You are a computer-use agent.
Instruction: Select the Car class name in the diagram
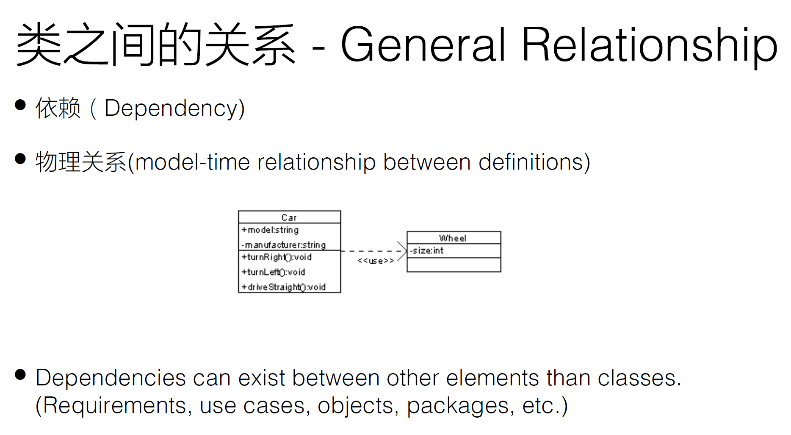289,217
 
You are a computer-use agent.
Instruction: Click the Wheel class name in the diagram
453,238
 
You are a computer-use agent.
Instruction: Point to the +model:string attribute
270,230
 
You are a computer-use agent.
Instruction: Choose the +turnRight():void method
277,257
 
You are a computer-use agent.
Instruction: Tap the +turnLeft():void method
273,272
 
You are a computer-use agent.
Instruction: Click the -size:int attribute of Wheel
426,251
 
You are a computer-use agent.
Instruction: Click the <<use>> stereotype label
376,261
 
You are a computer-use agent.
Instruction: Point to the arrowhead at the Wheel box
403,251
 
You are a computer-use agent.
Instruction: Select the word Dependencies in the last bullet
111,378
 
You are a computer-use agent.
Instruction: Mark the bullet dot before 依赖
20,105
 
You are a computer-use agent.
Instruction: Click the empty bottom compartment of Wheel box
454,265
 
